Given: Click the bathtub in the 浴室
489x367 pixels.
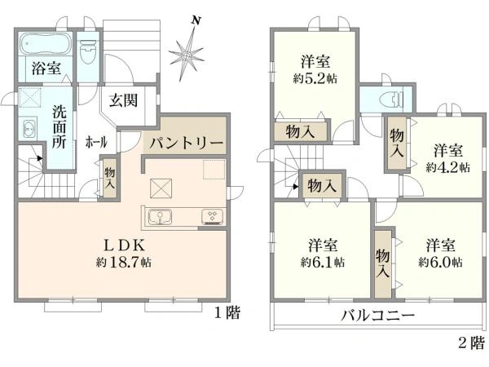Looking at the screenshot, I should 45,43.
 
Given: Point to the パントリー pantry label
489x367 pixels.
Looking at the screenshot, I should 185,143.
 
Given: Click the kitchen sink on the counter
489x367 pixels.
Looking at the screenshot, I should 161,216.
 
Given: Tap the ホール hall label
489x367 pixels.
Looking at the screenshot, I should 95,143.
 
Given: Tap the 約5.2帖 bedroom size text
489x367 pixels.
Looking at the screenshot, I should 315,79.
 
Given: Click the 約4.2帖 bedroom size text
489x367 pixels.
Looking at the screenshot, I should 447,166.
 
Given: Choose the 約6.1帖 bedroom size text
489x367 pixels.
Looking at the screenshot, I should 322,263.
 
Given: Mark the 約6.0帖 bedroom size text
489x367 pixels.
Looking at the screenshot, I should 441,263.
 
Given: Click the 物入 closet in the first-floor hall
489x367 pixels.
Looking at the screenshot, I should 111,179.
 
